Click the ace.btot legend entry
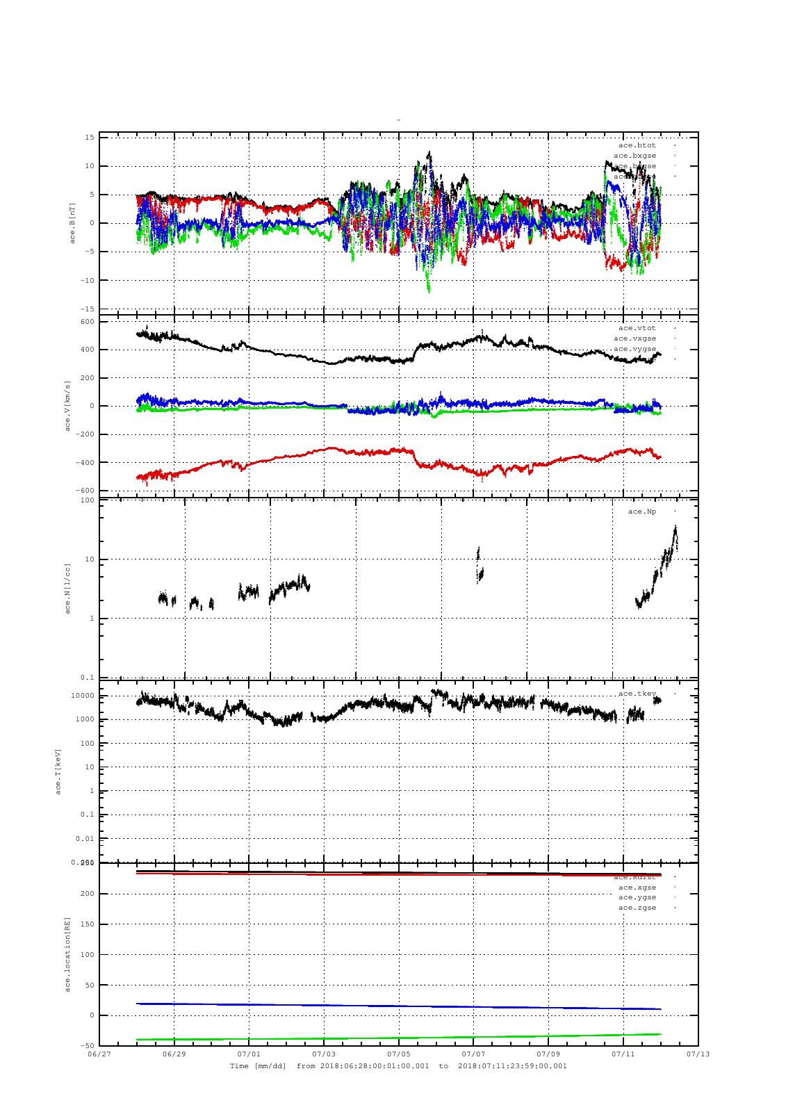click(x=637, y=145)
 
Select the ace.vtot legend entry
click(x=637, y=328)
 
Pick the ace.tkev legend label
click(x=637, y=694)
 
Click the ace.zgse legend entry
click(x=637, y=908)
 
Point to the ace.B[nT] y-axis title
click(x=72, y=223)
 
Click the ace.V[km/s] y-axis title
click(x=67, y=406)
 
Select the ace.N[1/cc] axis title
click(x=67, y=589)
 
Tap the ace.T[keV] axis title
click(x=58, y=771)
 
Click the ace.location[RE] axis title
click(x=67, y=954)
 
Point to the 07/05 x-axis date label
click(x=399, y=1054)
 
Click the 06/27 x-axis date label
click(x=99, y=1054)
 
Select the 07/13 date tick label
click(x=698, y=1054)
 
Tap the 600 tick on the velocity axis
click(x=87, y=321)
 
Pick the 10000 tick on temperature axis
click(x=82, y=696)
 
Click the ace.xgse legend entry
click(x=637, y=888)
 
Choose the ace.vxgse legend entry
click(x=634, y=338)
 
